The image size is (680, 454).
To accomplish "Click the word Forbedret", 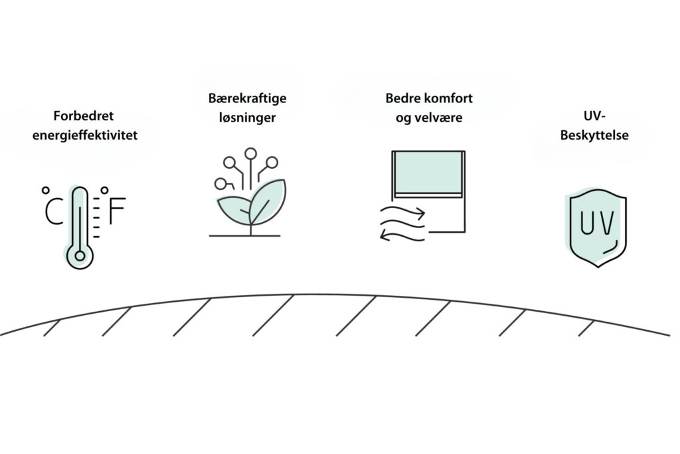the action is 83,116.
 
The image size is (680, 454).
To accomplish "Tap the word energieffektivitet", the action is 85,135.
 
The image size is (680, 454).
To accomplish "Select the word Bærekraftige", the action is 247,98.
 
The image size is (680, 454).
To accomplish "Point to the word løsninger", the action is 247,118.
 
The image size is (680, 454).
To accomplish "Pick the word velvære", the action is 442,118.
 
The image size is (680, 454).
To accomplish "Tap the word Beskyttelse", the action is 594,135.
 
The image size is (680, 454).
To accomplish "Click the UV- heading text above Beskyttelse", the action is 594,116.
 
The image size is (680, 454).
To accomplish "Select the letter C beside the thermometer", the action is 54,211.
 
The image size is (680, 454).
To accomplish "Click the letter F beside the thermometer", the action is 117,211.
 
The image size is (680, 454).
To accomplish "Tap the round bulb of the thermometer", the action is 80,256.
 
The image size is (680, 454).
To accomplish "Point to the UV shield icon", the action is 598,228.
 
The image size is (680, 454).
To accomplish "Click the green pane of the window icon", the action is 428,172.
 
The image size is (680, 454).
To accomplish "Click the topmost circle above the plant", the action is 250,154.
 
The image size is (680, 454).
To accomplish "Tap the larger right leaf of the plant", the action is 268,202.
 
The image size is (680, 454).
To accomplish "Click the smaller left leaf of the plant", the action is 234,210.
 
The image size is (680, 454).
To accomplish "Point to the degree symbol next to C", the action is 46,190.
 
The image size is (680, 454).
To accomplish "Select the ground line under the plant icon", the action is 244,236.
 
